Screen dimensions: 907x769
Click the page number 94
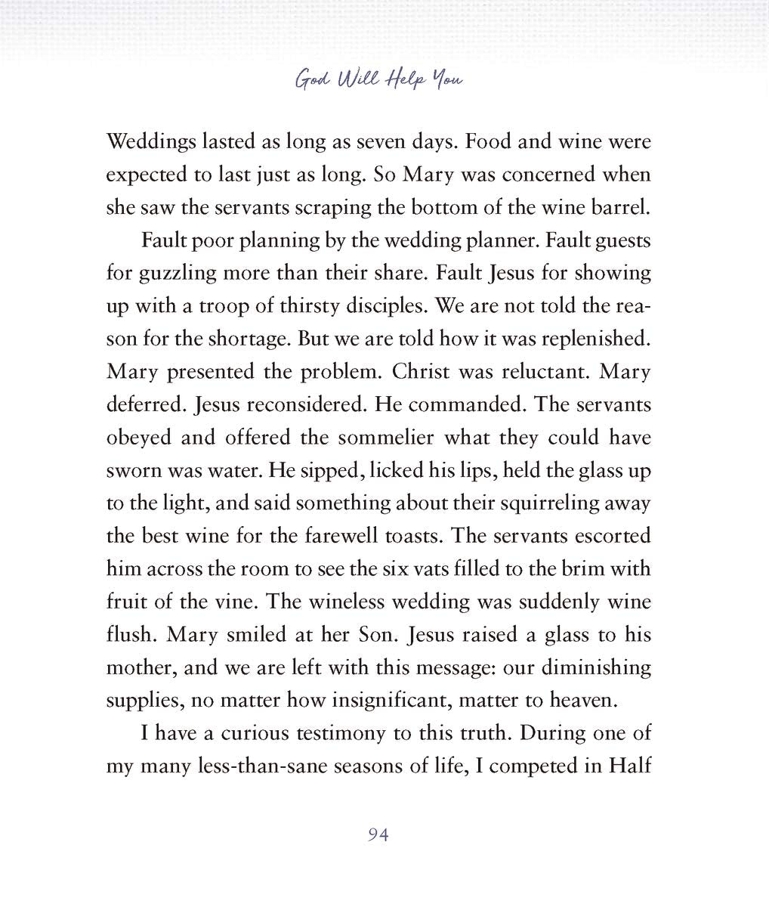pos(378,834)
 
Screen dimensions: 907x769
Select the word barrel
pos(623,207)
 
